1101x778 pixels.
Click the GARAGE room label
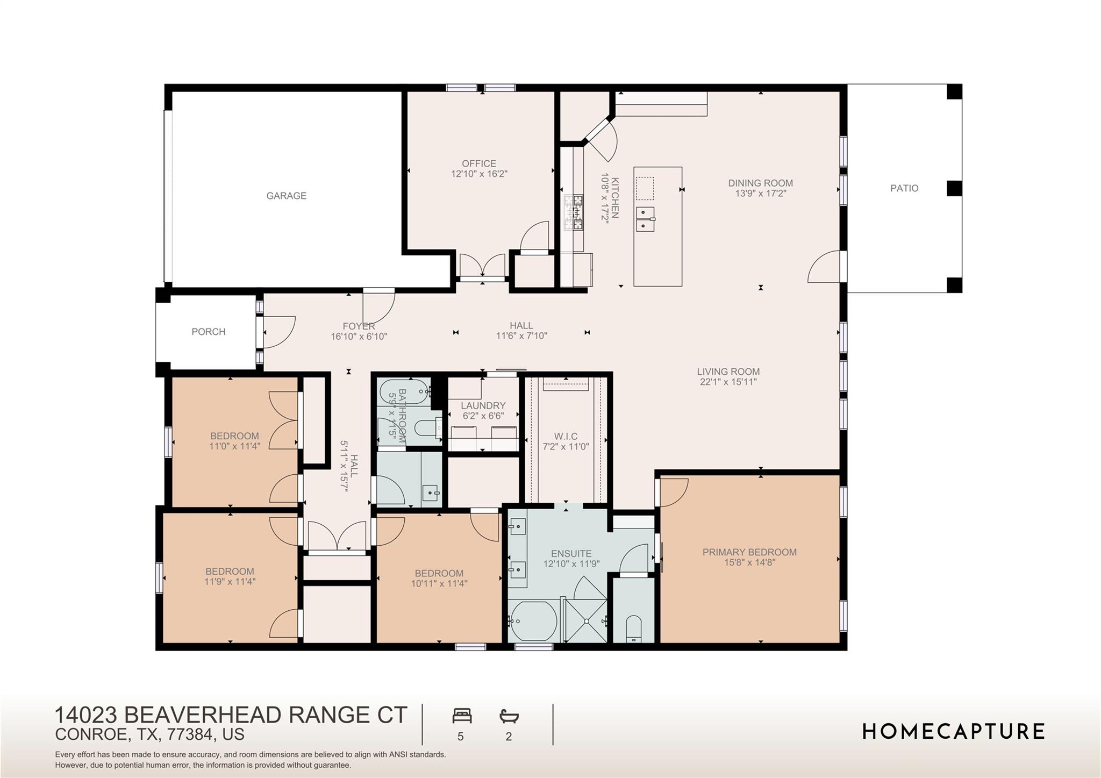coord(286,196)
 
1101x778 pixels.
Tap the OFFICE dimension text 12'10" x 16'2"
coord(479,174)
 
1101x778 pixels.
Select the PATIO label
coord(904,188)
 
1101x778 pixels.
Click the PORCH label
coord(209,332)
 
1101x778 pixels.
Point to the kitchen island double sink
coord(645,218)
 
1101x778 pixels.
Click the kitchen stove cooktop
coord(573,213)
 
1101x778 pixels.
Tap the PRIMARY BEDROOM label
coord(749,552)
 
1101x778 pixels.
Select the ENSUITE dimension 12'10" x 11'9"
coord(571,564)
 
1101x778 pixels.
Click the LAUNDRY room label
coord(483,405)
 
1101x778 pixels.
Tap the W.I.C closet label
coord(566,437)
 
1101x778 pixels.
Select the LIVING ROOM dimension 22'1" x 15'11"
coord(728,382)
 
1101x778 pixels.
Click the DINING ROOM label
coord(760,183)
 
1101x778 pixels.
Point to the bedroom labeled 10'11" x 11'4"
coord(439,578)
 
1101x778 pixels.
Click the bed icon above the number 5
coord(462,716)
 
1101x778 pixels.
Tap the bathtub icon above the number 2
coord(509,716)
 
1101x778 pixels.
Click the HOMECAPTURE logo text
coord(954,732)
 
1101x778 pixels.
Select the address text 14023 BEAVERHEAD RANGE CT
coord(231,715)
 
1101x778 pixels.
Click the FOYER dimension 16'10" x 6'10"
coord(359,337)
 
